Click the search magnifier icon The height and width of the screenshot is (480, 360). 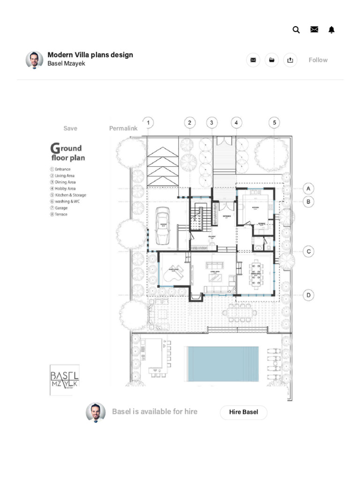(x=296, y=30)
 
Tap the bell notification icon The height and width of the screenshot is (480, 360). (x=332, y=30)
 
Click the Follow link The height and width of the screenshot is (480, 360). (x=318, y=60)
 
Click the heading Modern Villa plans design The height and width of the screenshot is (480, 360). (x=90, y=55)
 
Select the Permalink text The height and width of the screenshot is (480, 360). (x=123, y=128)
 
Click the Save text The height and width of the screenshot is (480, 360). (x=70, y=128)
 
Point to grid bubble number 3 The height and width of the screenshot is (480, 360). (x=212, y=123)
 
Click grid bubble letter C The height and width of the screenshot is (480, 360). (x=308, y=252)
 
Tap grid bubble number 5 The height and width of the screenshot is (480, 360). (x=275, y=123)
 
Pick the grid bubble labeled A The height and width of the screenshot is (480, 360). (x=308, y=189)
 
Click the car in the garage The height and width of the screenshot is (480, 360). (x=163, y=228)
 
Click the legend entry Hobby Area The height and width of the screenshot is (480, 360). (x=65, y=188)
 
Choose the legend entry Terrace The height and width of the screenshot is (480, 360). (x=61, y=214)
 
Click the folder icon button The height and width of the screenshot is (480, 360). (x=271, y=60)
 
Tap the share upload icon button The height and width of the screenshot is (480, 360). (x=290, y=60)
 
